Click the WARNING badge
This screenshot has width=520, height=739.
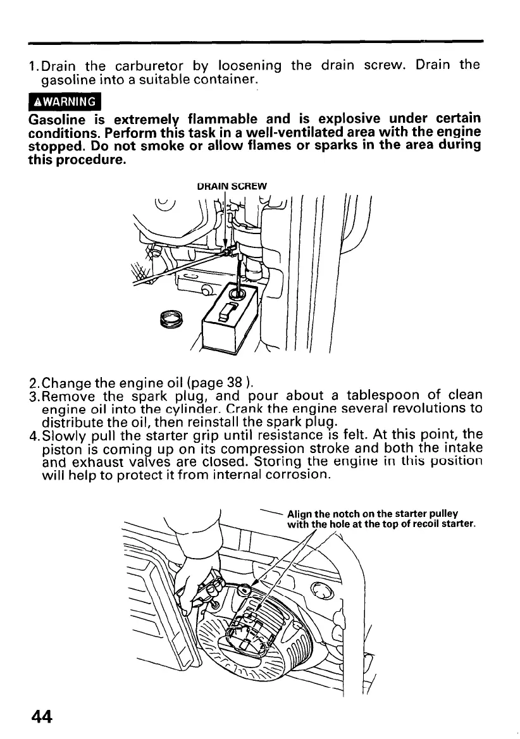click(x=65, y=102)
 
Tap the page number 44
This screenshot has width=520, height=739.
click(x=40, y=716)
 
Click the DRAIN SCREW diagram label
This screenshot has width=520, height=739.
click(x=233, y=185)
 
